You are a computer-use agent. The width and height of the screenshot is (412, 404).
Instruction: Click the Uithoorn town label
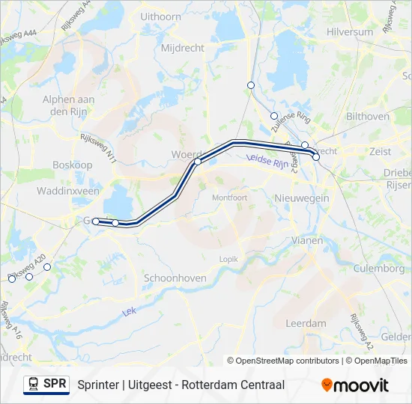pyautogui.click(x=160, y=16)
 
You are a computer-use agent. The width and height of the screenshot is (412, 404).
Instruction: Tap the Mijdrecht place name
pyautogui.click(x=183, y=48)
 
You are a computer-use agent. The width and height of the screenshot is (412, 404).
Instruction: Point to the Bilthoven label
pyautogui.click(x=368, y=116)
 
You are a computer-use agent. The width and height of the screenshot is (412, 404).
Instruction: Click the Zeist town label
pyautogui.click(x=381, y=151)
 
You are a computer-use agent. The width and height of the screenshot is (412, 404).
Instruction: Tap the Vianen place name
pyautogui.click(x=306, y=241)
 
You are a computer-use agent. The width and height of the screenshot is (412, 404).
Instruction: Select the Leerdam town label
pyautogui.click(x=306, y=323)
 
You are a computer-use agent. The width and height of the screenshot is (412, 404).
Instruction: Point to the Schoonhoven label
pyautogui.click(x=175, y=278)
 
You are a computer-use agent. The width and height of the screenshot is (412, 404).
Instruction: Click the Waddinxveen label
pyautogui.click(x=68, y=191)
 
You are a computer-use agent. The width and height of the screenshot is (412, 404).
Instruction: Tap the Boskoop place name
pyautogui.click(x=72, y=165)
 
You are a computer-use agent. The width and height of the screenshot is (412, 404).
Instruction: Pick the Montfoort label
pyautogui.click(x=229, y=198)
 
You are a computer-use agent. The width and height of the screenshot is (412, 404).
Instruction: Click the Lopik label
pyautogui.click(x=228, y=259)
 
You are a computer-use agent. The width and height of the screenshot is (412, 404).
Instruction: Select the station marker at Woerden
pyautogui.click(x=198, y=162)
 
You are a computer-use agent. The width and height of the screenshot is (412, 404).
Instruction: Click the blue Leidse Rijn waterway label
pyautogui.click(x=267, y=161)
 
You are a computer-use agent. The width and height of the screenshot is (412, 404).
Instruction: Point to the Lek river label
pyautogui.click(x=129, y=310)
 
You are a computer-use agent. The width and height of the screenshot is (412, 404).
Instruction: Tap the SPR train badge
pyautogui.click(x=46, y=385)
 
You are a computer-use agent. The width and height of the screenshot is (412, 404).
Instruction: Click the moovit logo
pyautogui.click(x=355, y=385)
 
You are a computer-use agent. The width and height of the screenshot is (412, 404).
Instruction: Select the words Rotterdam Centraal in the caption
pyautogui.click(x=237, y=385)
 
